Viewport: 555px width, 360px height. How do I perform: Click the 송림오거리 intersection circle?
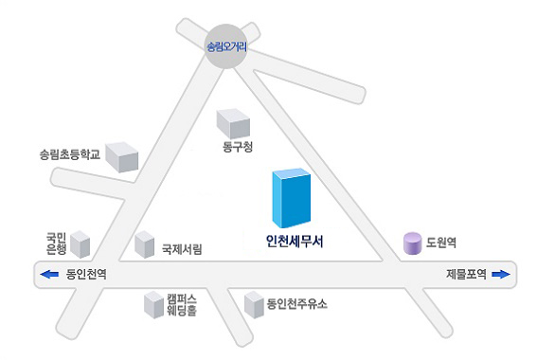point(225,46)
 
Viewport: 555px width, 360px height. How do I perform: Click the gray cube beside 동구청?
point(233,122)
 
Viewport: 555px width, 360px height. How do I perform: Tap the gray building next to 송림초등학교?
point(121,156)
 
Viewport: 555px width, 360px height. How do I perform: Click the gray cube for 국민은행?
point(80,244)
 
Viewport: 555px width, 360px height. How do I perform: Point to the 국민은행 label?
point(56,243)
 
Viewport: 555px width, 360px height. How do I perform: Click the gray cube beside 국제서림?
point(144,244)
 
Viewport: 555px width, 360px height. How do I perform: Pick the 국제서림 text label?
point(181,250)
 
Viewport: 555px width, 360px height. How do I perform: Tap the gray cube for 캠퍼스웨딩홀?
point(153,304)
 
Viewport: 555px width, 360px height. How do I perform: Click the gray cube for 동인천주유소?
point(253,304)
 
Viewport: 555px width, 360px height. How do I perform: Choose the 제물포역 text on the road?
point(466,275)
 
